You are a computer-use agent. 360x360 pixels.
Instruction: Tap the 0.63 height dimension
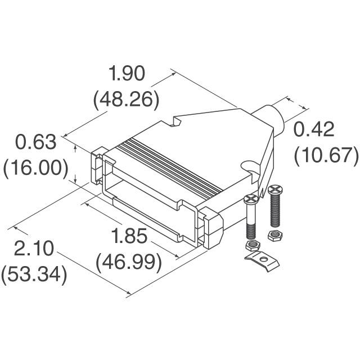pos(36,142)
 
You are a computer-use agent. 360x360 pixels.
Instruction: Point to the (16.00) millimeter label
pos(36,168)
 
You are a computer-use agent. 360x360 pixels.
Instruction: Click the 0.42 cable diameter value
pos(314,129)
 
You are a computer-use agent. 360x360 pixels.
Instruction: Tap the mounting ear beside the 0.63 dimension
pos(97,163)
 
